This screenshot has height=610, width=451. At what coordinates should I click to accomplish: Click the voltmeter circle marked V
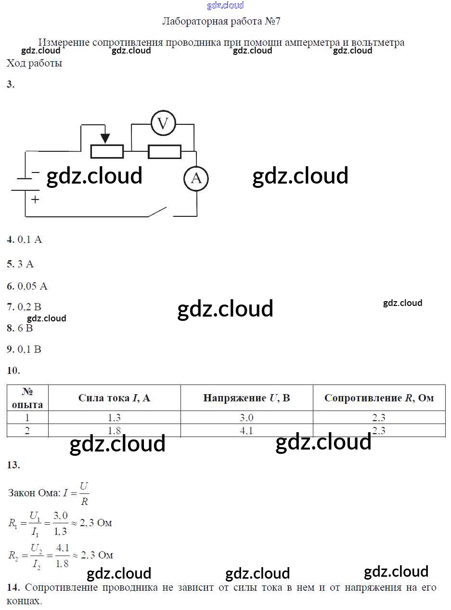[163, 124]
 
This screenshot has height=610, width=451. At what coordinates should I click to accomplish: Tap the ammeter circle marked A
[196, 179]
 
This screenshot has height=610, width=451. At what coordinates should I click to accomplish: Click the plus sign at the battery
[35, 199]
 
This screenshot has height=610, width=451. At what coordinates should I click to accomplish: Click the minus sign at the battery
[36, 172]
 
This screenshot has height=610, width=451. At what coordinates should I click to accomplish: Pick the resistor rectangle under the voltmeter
[165, 152]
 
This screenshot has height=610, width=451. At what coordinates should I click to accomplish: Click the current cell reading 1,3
[115, 418]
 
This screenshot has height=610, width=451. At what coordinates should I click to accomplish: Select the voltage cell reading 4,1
[246, 431]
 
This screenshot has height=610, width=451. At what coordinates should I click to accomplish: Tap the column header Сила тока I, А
[115, 398]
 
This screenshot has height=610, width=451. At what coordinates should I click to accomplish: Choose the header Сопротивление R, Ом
[379, 398]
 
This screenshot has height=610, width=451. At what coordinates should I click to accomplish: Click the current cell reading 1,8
[115, 431]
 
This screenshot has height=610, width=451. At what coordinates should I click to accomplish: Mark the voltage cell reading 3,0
[246, 418]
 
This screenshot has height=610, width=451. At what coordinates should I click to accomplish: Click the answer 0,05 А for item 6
[32, 286]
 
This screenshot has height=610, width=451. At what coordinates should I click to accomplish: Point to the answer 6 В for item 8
[25, 328]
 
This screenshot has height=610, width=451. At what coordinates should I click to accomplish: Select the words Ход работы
[34, 63]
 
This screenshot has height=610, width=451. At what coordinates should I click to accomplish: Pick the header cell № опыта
[27, 398]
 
